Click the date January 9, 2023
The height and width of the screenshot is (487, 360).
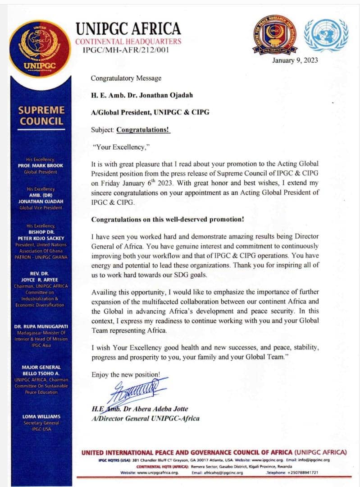(x=295, y=60)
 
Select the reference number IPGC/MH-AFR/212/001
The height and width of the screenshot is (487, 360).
(x=126, y=50)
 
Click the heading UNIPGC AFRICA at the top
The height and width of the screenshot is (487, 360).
(x=128, y=29)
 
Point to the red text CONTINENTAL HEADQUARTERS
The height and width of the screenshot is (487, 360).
(x=128, y=41)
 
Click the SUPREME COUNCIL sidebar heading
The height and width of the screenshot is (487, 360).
(x=42, y=115)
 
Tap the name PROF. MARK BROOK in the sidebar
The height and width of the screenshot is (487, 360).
(x=44, y=165)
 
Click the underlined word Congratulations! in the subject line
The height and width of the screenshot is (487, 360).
(x=143, y=129)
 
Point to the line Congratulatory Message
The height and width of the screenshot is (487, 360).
(x=126, y=78)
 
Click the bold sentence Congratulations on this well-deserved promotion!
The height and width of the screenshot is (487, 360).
(x=168, y=220)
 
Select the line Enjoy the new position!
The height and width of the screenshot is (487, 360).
(x=125, y=374)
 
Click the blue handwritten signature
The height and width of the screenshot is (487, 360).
(x=135, y=390)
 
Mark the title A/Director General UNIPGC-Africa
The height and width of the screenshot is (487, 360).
(x=145, y=418)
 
